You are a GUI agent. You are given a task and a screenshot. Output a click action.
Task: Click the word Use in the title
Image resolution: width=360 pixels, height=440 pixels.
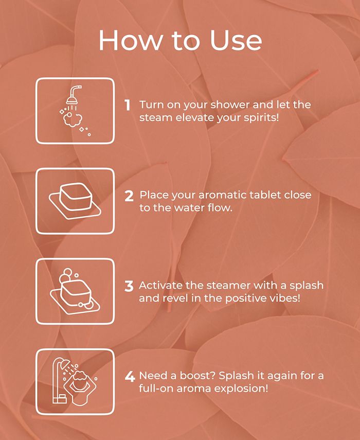(x=236, y=40)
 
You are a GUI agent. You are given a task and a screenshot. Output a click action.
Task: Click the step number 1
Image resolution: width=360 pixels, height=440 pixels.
(x=128, y=105)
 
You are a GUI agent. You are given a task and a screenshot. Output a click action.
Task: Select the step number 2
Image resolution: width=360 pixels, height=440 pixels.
(x=129, y=196)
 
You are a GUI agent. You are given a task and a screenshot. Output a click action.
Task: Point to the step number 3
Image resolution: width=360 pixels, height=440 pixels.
(x=129, y=286)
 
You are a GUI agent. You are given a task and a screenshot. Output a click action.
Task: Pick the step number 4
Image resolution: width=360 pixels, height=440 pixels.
(x=130, y=377)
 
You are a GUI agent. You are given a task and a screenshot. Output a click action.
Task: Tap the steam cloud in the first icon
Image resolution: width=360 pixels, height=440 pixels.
(x=73, y=120)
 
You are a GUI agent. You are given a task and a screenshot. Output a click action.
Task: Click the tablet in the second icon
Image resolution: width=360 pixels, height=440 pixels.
(x=76, y=196)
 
